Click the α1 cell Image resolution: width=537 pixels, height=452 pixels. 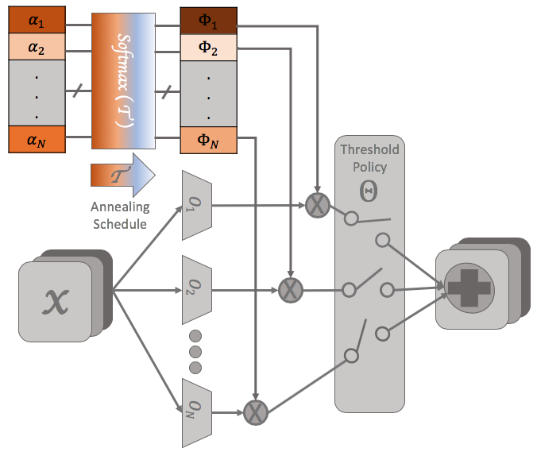point(37,20)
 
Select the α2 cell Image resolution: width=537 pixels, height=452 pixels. point(37,47)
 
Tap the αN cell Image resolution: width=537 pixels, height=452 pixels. point(37,139)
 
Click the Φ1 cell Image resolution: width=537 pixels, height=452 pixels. point(209,21)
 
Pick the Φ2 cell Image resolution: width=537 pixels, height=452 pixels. point(209,48)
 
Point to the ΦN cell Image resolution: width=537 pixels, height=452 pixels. point(209,140)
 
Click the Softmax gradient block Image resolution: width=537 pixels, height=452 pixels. point(123,81)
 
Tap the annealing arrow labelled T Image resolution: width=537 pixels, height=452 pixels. point(123,176)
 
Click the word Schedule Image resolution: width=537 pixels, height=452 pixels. point(120,224)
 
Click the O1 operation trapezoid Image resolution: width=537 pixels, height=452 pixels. point(197,205)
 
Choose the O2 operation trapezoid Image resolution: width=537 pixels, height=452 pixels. point(197,290)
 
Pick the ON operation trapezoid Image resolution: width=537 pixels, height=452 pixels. point(197,413)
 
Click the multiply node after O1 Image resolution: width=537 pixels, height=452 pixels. point(318,206)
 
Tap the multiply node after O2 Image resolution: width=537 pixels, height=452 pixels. point(291,291)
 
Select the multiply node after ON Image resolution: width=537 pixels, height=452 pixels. point(256,412)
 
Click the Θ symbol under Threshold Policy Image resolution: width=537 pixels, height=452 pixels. point(369,191)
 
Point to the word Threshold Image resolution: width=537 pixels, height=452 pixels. point(369,149)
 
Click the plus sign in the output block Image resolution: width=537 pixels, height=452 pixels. point(469,288)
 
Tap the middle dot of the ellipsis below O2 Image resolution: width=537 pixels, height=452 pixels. point(195,352)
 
